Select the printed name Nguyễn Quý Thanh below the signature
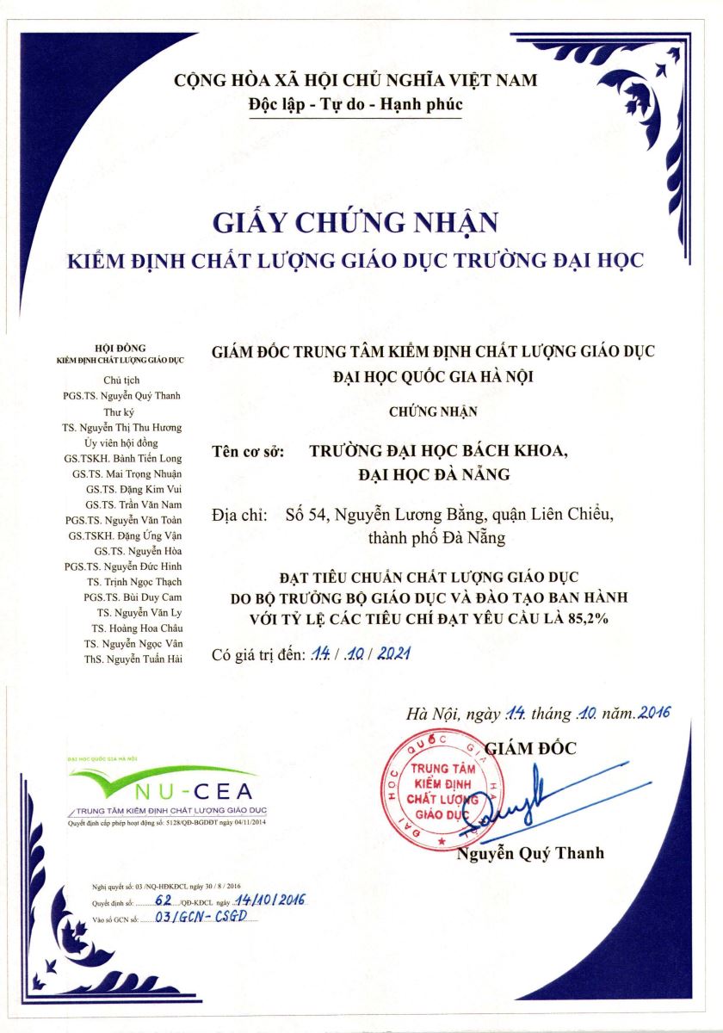530,853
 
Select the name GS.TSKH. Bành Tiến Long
128,458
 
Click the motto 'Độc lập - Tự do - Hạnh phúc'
355,105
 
